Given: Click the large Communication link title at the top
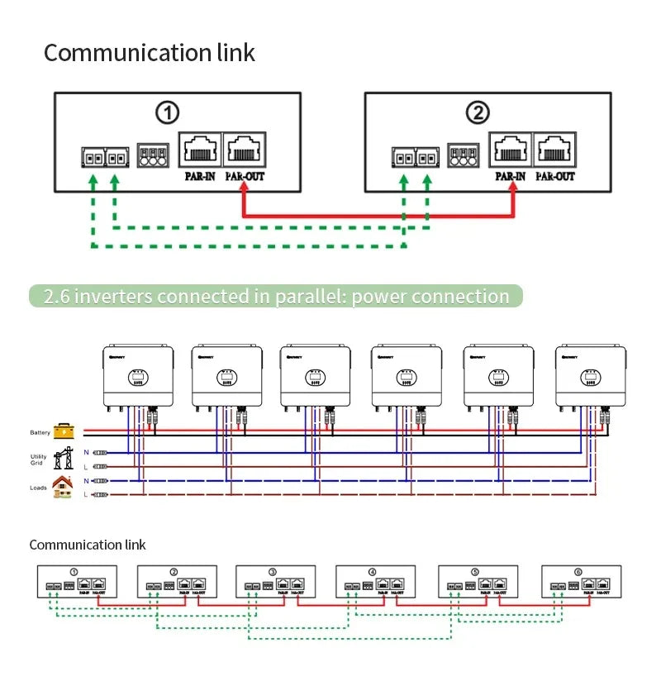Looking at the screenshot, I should point(150,53).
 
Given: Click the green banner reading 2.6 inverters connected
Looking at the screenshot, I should point(276,297).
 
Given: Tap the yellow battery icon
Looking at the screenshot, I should point(64,431).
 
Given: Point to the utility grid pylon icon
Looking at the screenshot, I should point(64,458).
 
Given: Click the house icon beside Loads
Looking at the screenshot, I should point(62,487).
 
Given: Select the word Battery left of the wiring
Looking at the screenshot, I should point(40,432).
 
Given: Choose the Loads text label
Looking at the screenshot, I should point(39,488).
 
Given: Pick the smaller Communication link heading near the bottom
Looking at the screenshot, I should point(88,545).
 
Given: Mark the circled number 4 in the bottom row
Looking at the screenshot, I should point(373,572).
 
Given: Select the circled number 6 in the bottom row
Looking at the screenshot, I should point(578,572).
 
